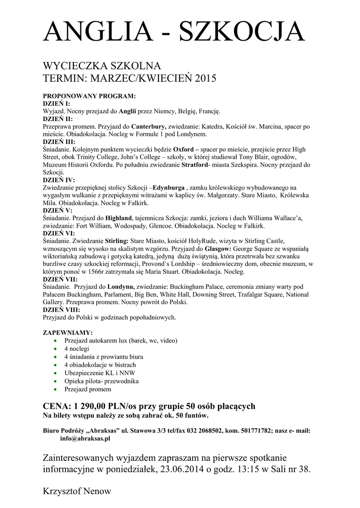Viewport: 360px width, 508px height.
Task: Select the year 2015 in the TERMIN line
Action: pyautogui.click(x=206, y=78)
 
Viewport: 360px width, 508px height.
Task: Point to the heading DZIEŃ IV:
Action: pyautogui.click(x=59, y=180)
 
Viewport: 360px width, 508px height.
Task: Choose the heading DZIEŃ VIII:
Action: pyautogui.click(x=62, y=310)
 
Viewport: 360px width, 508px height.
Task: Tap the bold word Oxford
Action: pyautogui.click(x=183, y=149)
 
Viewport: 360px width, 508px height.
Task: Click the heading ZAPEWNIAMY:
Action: pyautogui.click(x=68, y=332)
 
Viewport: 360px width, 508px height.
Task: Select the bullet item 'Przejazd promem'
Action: pyautogui.click(x=88, y=389)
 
